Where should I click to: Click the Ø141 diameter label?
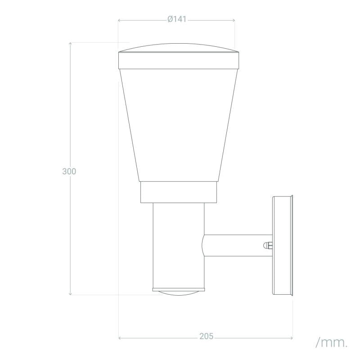(177, 19)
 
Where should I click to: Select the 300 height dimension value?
(69, 171)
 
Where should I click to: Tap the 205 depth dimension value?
(207, 336)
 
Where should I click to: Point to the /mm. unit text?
(332, 342)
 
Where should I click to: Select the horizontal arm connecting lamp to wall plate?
(238, 245)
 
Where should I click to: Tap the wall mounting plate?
(283, 245)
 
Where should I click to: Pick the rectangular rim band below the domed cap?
(179, 61)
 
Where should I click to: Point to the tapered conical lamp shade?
(179, 126)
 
